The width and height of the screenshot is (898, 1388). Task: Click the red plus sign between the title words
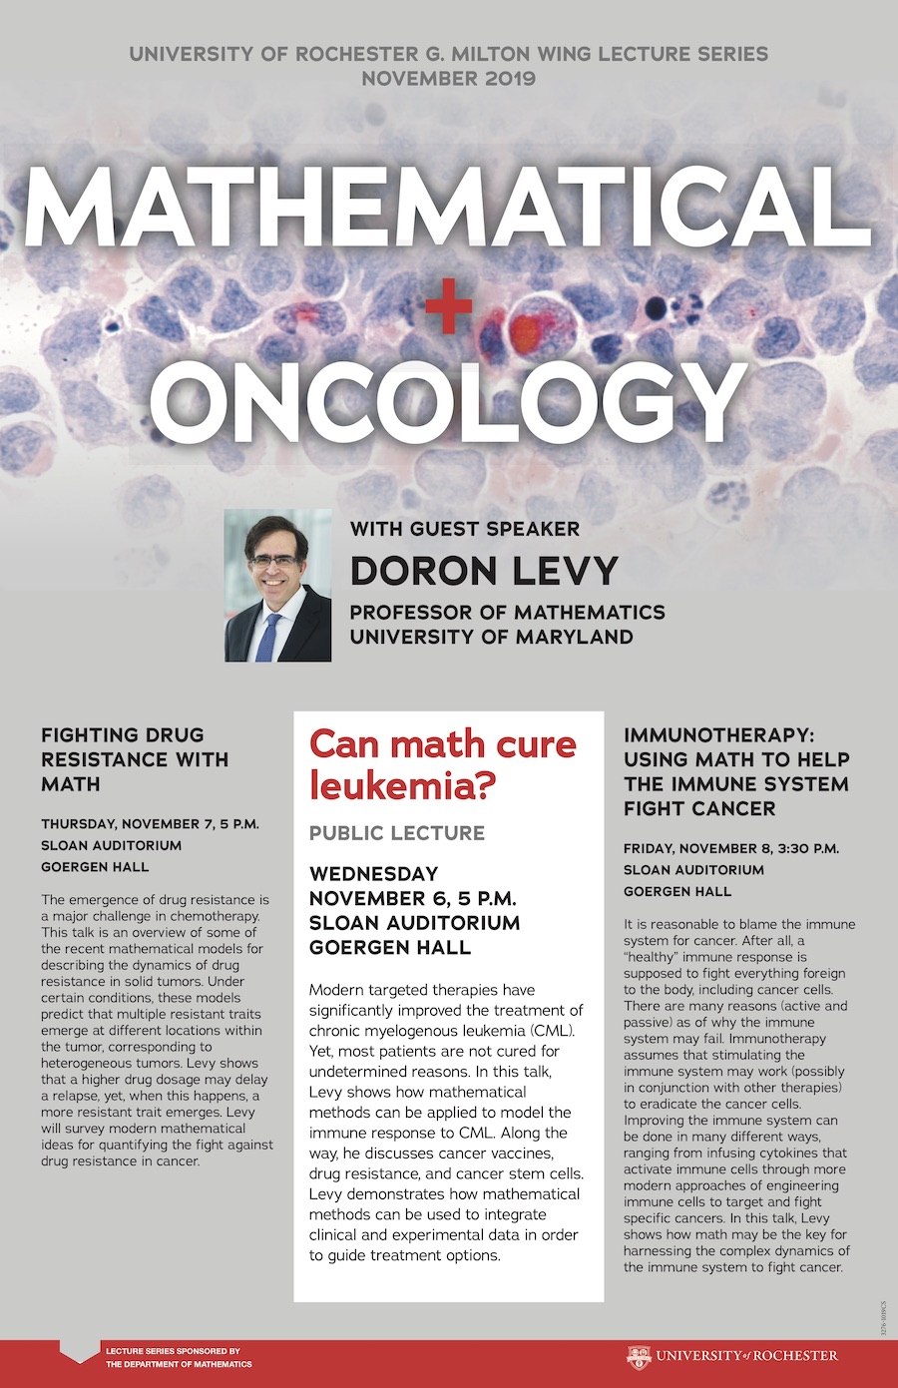(x=448, y=311)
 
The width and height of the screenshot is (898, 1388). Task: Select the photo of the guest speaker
(x=277, y=586)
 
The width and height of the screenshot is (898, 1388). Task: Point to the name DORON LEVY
(x=484, y=570)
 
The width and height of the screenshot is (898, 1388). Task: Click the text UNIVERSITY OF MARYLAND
(x=491, y=637)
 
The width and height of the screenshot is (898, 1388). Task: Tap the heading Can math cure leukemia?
(x=442, y=764)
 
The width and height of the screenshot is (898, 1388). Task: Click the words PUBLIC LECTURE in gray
(x=396, y=833)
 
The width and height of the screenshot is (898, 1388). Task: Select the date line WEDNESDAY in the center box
(x=373, y=874)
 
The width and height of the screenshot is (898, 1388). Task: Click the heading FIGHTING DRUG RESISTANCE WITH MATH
(x=135, y=759)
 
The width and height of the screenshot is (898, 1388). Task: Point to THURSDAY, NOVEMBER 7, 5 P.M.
(x=150, y=824)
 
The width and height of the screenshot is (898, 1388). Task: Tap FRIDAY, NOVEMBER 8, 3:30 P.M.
(x=730, y=849)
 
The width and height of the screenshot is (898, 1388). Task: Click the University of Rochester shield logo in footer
(x=639, y=1356)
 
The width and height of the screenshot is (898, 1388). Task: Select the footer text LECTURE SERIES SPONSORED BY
(x=173, y=1351)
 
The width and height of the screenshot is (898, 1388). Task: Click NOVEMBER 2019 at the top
(x=448, y=79)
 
